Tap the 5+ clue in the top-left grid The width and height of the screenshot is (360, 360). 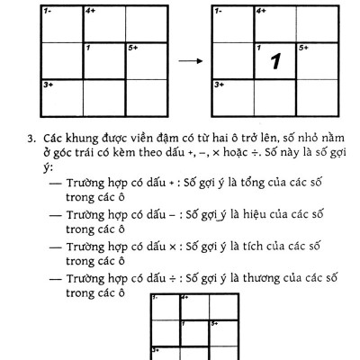click(132, 47)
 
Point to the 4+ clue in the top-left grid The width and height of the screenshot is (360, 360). click(90, 11)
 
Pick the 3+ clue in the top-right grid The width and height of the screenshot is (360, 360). click(219, 84)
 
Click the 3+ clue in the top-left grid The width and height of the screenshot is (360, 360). click(47, 84)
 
